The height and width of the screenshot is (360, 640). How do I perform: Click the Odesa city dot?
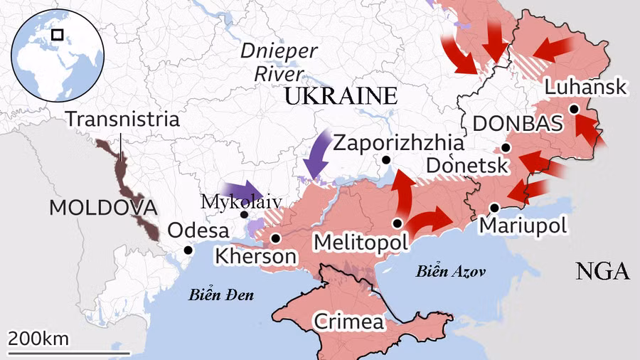click(x=188, y=250)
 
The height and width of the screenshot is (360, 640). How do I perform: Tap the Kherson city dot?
click(x=275, y=238)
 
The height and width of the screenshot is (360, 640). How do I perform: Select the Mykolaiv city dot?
click(x=245, y=214)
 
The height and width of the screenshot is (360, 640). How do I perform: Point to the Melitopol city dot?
click(x=397, y=223)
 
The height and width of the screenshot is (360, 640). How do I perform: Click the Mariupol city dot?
click(x=495, y=207)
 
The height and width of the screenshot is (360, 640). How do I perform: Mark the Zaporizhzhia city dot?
click(x=385, y=160)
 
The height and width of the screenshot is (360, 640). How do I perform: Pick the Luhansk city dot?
click(x=574, y=109)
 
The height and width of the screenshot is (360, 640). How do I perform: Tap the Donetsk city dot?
click(x=506, y=147)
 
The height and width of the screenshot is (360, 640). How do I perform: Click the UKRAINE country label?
click(x=340, y=97)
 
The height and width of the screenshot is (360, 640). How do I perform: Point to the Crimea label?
click(x=349, y=321)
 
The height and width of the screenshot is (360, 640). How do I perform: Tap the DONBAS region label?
click(x=518, y=124)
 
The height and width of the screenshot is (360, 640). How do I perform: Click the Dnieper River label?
click(x=278, y=61)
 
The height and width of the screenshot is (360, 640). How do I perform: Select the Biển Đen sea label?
click(x=222, y=294)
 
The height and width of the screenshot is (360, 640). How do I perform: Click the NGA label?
click(x=602, y=271)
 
